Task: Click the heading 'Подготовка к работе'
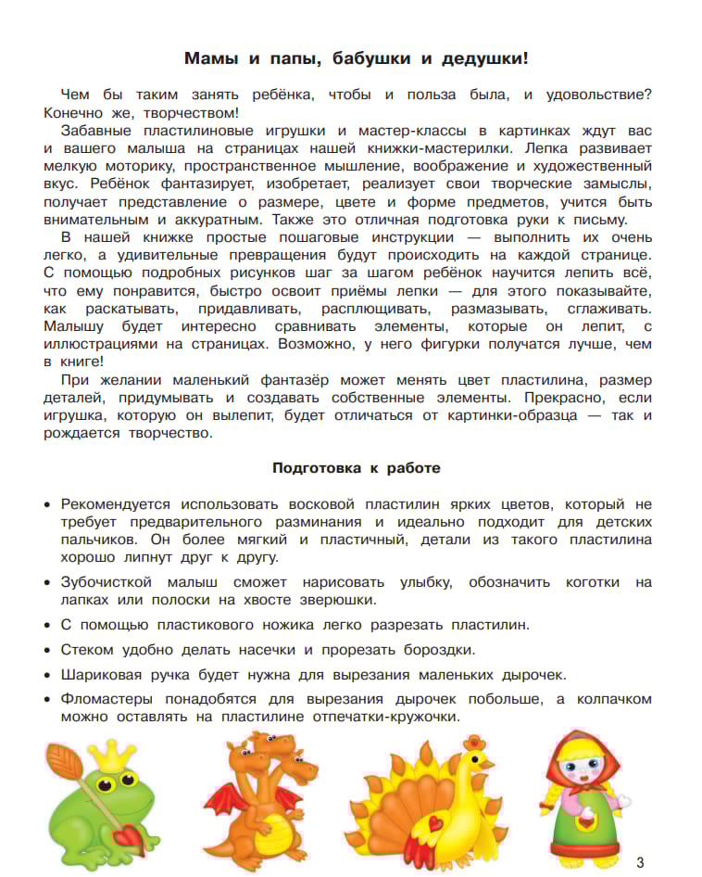pyautogui.click(x=356, y=468)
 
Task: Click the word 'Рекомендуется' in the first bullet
pyautogui.click(x=116, y=504)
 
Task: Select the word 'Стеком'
pyautogui.click(x=87, y=649)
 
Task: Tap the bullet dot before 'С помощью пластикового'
pyautogui.click(x=48, y=625)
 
